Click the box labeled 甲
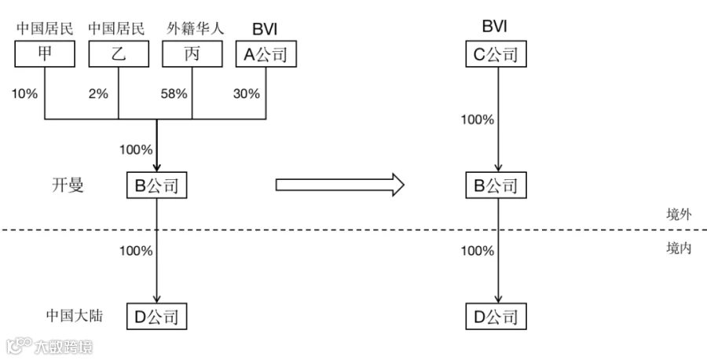[x=45, y=54]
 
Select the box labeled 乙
[x=119, y=54]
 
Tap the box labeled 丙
[x=192, y=54]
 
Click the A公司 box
[x=266, y=54]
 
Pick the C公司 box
[x=496, y=54]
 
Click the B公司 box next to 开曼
[x=156, y=185]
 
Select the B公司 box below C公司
[x=496, y=185]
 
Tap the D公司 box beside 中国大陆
[x=156, y=316]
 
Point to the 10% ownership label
[x=24, y=94]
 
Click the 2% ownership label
[x=98, y=94]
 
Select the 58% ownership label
[x=174, y=94]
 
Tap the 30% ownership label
[x=247, y=94]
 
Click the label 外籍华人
[x=196, y=28]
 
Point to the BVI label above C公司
[x=495, y=26]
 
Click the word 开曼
[x=68, y=185]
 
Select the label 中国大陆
[x=75, y=315]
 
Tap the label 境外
[x=679, y=214]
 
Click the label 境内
[x=679, y=248]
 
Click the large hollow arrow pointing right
[x=340, y=185]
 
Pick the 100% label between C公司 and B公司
[x=478, y=120]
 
